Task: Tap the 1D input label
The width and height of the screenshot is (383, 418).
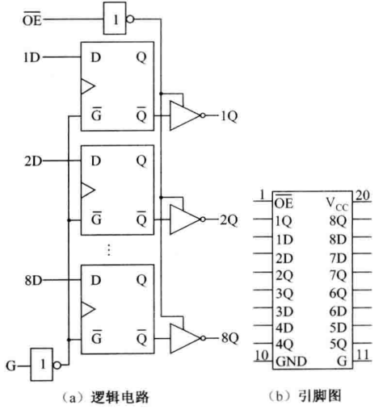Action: click(32, 57)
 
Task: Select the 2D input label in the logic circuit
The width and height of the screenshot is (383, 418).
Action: click(33, 161)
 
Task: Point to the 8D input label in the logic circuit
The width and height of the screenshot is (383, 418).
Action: click(34, 280)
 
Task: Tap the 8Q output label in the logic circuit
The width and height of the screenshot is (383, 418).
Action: click(230, 338)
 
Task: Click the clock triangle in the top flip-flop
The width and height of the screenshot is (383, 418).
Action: click(88, 86)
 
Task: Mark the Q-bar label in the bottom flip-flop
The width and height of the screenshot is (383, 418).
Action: click(141, 336)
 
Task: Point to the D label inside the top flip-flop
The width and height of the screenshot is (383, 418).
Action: click(96, 57)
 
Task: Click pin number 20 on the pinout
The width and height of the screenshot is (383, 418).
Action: click(363, 195)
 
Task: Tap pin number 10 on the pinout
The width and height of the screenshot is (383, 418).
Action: click(261, 355)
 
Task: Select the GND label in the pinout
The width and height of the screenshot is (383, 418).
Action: click(292, 362)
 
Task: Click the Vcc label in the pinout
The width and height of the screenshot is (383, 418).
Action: click(337, 204)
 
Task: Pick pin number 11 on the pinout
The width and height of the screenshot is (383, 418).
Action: click(363, 355)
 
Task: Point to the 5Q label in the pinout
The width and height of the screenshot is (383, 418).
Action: click(339, 345)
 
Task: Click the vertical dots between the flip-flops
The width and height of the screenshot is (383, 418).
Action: click(109, 249)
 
